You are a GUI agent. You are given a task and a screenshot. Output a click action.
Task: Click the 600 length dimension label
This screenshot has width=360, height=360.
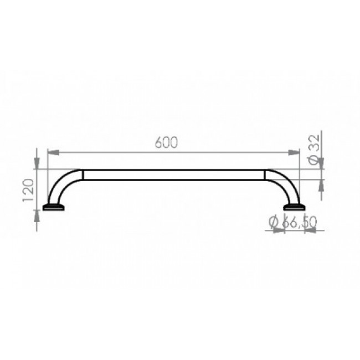[167, 142]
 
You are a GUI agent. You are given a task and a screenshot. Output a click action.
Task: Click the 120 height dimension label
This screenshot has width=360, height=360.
[28, 190]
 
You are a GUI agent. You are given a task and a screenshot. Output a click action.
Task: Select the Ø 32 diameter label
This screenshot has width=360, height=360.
[315, 150]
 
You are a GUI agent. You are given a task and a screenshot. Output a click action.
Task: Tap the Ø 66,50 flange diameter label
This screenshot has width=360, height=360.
[293, 222]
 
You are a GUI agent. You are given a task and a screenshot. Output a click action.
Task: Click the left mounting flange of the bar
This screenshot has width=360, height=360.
[54, 207]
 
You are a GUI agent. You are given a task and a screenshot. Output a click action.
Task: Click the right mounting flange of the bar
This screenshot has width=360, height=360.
[294, 207]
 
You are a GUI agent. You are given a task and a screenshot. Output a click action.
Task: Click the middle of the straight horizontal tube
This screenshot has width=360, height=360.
[174, 175]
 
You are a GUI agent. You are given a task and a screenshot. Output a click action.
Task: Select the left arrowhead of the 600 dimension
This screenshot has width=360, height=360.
[53, 152]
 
